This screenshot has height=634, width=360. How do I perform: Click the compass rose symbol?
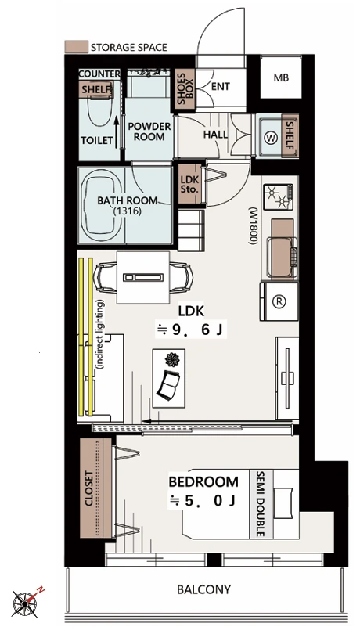[26, 603]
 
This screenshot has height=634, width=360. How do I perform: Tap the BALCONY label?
[203, 589]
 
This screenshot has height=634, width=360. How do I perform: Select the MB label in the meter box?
[281, 77]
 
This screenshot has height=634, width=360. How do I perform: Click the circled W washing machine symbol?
[271, 139]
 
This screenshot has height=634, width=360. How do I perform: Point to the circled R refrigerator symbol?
[279, 301]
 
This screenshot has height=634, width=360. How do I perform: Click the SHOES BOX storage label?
[185, 89]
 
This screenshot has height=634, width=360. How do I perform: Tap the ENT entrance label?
[221, 86]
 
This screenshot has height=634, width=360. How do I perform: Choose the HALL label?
[215, 135]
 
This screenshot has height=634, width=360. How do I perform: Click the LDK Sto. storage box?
[189, 184]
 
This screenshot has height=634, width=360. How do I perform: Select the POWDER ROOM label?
[149, 131]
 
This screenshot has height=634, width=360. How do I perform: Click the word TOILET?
[97, 140]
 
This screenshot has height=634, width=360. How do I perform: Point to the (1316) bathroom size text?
[128, 211]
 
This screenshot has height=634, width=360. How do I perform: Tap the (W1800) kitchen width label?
[254, 226]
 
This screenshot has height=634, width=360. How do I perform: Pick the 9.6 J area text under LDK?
[191, 330]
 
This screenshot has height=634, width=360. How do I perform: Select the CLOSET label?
[89, 488]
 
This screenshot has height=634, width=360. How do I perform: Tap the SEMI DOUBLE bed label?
[260, 504]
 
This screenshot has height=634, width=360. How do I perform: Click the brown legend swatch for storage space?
[77, 46]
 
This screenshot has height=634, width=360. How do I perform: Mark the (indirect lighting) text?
[99, 333]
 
